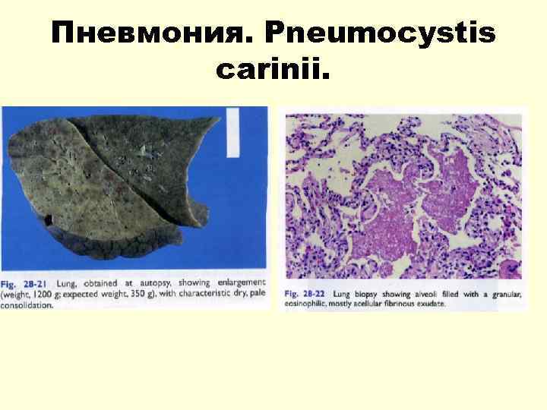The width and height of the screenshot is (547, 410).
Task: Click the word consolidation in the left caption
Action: pyautogui.click(x=27, y=305)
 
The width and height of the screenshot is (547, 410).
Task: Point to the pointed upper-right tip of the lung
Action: pyautogui.click(x=220, y=118)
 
